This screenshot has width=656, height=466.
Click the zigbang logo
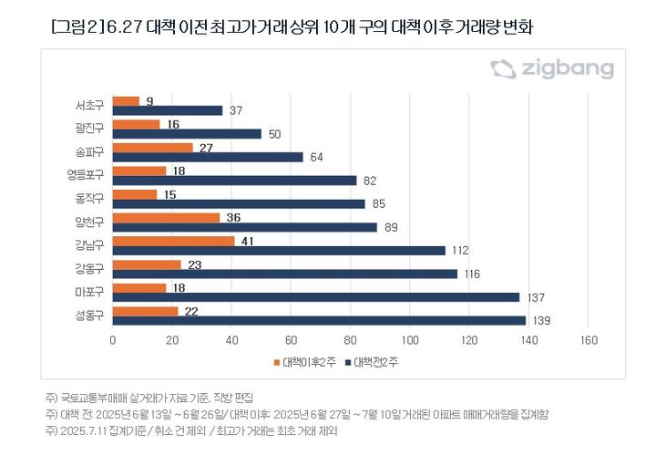pos(552,69)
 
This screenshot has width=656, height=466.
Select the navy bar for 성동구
pos(319,320)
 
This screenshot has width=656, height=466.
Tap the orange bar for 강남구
pos(173,242)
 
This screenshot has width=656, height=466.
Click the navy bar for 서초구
pos(168,110)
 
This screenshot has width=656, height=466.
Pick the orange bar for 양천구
pos(166,218)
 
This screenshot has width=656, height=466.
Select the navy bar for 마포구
pos(316,296)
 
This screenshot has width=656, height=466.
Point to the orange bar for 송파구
pos(152,147)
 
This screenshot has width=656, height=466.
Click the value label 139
pos(539,321)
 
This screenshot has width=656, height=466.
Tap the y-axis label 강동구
pos(89,268)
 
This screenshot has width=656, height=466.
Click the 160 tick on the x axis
pos(588,340)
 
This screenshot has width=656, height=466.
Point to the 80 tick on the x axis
pos(350,340)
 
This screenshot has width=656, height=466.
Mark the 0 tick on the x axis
pos(113,340)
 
